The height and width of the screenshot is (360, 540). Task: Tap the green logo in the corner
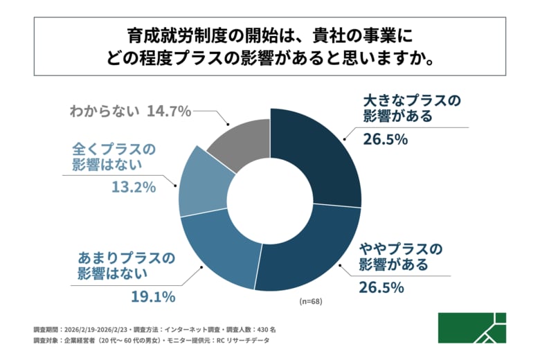pos(471,327)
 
